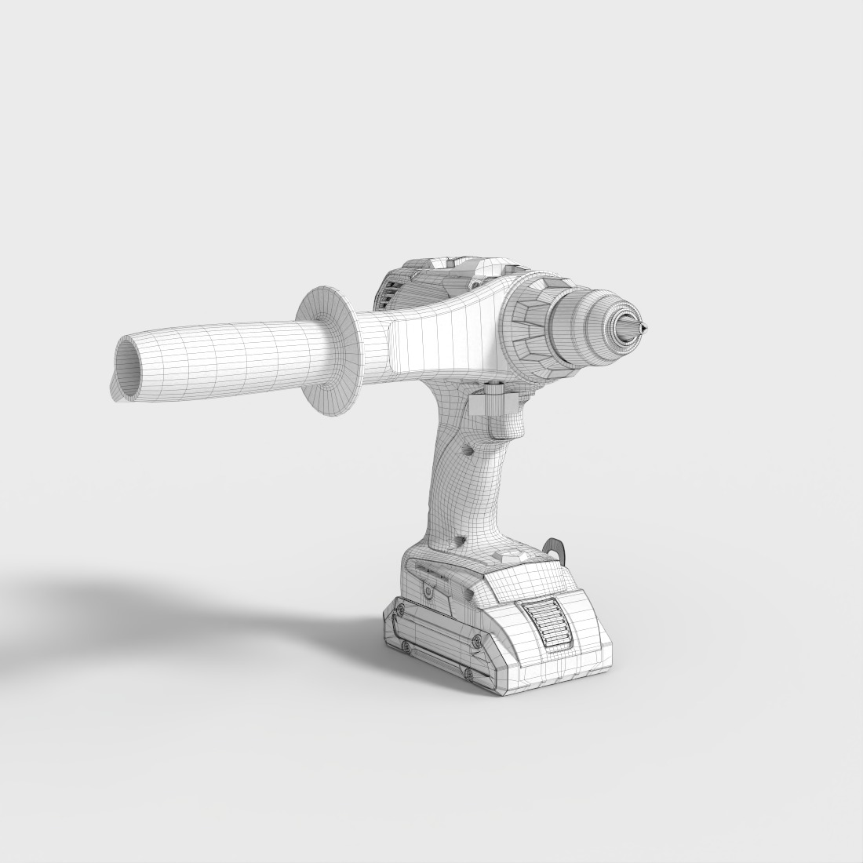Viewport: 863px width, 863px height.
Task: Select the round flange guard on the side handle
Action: click(330, 350)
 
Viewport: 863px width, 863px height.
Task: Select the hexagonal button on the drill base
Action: click(509, 556)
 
